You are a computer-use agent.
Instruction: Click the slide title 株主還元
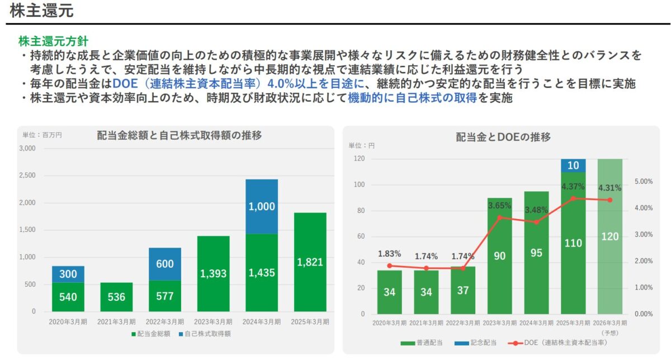(42, 11)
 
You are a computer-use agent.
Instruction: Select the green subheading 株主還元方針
(53, 41)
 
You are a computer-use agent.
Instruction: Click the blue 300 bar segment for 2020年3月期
(68, 274)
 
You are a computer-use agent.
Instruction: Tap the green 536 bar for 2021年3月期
(116, 297)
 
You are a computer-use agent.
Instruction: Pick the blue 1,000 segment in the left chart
(261, 206)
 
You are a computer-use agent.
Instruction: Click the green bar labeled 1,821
(310, 262)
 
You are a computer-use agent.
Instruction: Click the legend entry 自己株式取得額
(206, 334)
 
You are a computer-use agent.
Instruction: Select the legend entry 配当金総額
(151, 334)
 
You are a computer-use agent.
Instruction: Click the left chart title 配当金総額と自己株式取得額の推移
(179, 135)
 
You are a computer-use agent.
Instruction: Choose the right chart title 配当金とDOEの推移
(503, 137)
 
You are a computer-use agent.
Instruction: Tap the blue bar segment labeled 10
(573, 165)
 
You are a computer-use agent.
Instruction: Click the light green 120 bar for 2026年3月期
(609, 236)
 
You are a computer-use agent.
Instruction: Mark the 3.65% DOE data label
(500, 206)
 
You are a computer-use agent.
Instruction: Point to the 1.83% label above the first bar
(389, 253)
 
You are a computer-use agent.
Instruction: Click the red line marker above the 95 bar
(536, 222)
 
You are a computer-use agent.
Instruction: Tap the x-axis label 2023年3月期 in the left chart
(213, 321)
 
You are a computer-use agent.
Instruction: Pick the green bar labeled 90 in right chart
(500, 256)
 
